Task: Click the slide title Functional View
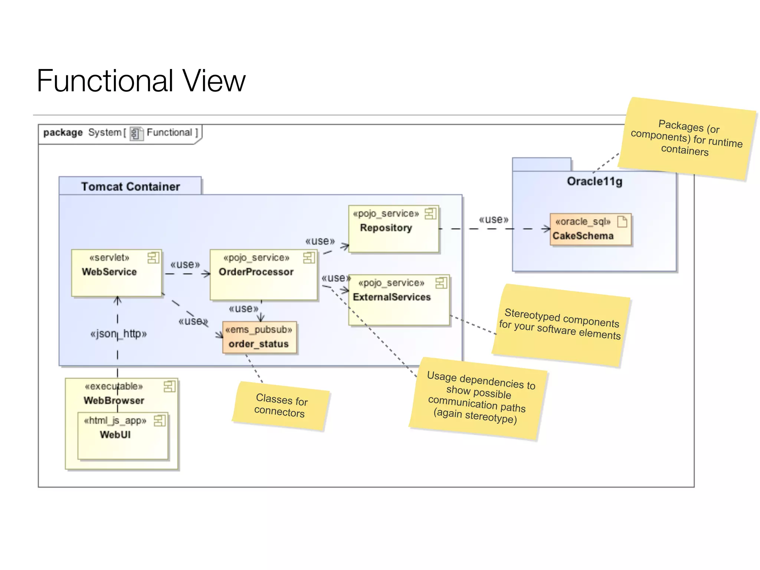pyautogui.click(x=141, y=81)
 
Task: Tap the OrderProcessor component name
pyautogui.click(x=256, y=272)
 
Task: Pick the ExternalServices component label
pyautogui.click(x=392, y=297)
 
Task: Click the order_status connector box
pyautogui.click(x=259, y=337)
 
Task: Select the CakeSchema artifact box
pyautogui.click(x=590, y=229)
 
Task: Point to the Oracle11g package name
pyautogui.click(x=594, y=181)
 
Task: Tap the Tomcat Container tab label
pyautogui.click(x=130, y=186)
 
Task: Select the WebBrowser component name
pyautogui.click(x=114, y=400)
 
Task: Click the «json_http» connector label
pyautogui.click(x=118, y=334)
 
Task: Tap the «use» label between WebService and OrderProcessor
pyautogui.click(x=185, y=265)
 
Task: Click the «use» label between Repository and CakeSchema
pyautogui.click(x=494, y=220)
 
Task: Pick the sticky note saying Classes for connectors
pyautogui.click(x=281, y=406)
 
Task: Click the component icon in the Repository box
pyautogui.click(x=430, y=213)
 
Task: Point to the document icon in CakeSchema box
pyautogui.click(x=622, y=222)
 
